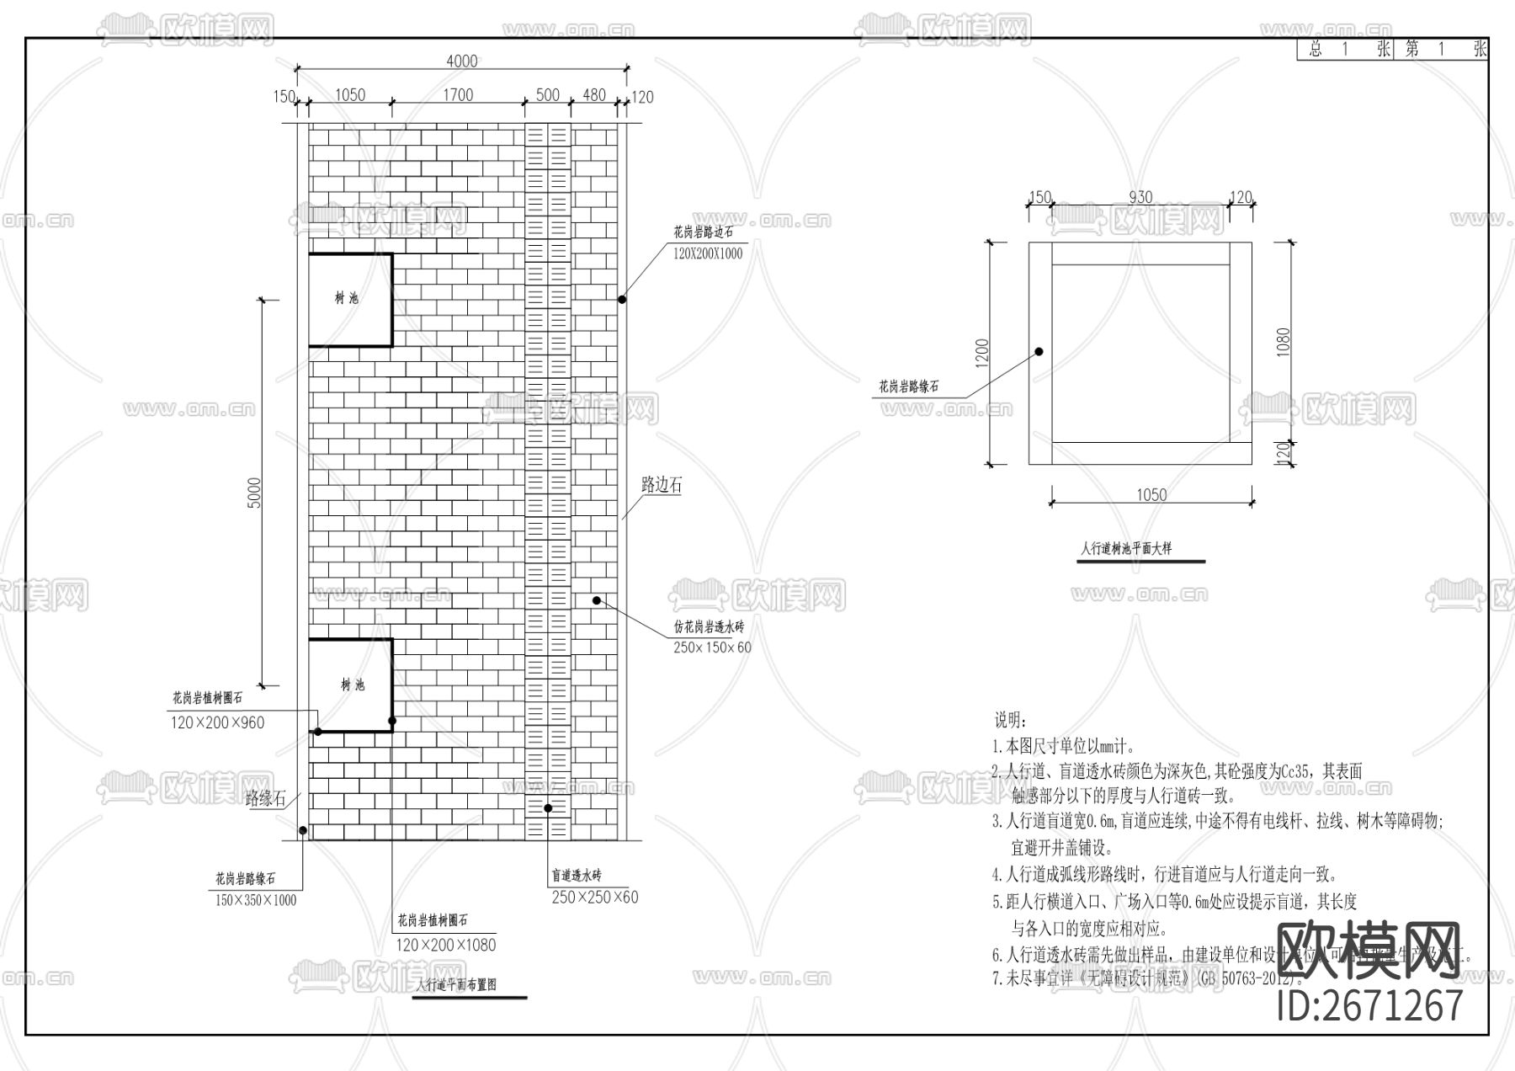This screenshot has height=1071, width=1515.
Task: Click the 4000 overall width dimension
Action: tap(461, 61)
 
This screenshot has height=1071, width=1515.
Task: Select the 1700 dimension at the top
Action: tap(458, 95)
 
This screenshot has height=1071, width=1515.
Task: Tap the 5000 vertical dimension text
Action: tap(254, 493)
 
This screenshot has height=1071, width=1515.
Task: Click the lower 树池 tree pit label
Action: tap(353, 685)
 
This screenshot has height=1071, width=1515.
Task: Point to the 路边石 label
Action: tap(662, 485)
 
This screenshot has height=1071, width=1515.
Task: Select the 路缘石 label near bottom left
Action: tap(265, 798)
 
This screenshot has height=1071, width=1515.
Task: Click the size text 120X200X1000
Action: tap(708, 253)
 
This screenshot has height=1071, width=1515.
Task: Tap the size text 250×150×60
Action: tap(712, 647)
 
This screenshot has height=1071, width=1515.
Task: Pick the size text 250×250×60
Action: tap(595, 898)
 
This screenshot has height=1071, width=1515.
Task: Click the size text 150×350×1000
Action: tap(256, 900)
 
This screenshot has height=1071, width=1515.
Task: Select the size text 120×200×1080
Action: tap(446, 945)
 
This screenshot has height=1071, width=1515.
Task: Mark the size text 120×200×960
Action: tap(217, 722)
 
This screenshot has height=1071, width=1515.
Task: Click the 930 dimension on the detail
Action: tap(1140, 197)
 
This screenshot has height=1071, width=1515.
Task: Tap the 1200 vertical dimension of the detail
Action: tap(983, 354)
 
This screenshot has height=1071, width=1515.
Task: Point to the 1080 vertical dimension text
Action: tap(1284, 342)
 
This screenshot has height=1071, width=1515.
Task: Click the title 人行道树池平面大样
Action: tap(1126, 549)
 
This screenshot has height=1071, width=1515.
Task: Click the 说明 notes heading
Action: tap(1009, 720)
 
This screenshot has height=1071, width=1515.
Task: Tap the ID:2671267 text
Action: tap(1370, 1005)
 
